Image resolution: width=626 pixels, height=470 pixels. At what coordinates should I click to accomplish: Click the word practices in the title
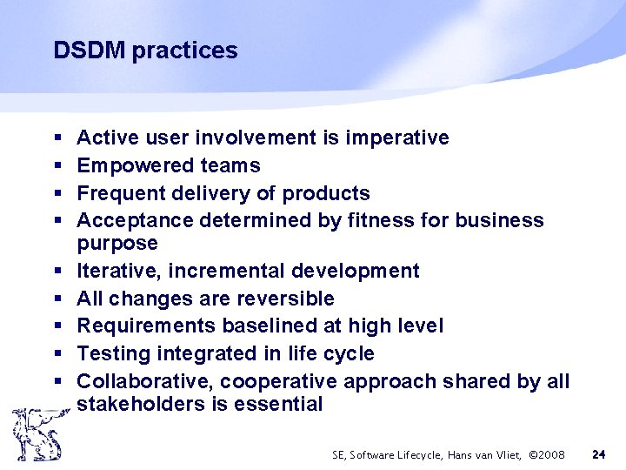click(183, 51)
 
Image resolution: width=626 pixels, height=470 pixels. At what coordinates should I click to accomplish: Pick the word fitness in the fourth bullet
click(385, 220)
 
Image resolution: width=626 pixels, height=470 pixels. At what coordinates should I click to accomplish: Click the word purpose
click(117, 243)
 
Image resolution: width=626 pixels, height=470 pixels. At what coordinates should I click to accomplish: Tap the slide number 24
click(598, 454)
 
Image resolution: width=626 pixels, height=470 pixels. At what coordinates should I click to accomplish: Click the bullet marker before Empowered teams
click(57, 166)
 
